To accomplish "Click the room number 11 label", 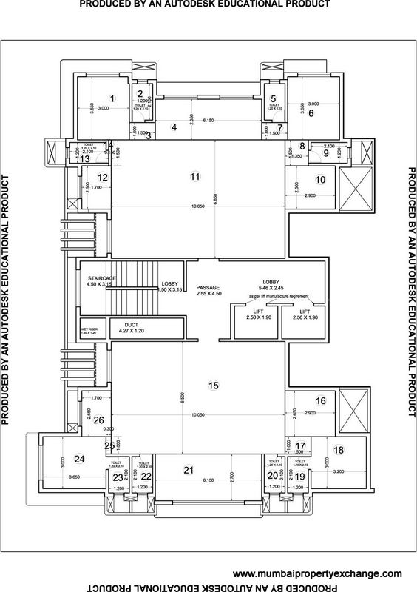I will click(x=194, y=177).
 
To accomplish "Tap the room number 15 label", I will click(x=214, y=386).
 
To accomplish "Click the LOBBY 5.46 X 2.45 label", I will click(x=274, y=286).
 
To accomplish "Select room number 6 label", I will click(x=311, y=113).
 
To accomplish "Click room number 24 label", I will click(x=81, y=459).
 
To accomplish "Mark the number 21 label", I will click(x=189, y=471).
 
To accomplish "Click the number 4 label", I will click(x=174, y=127).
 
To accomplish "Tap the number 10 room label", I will click(x=320, y=179).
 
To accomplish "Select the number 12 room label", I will click(x=103, y=177).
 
